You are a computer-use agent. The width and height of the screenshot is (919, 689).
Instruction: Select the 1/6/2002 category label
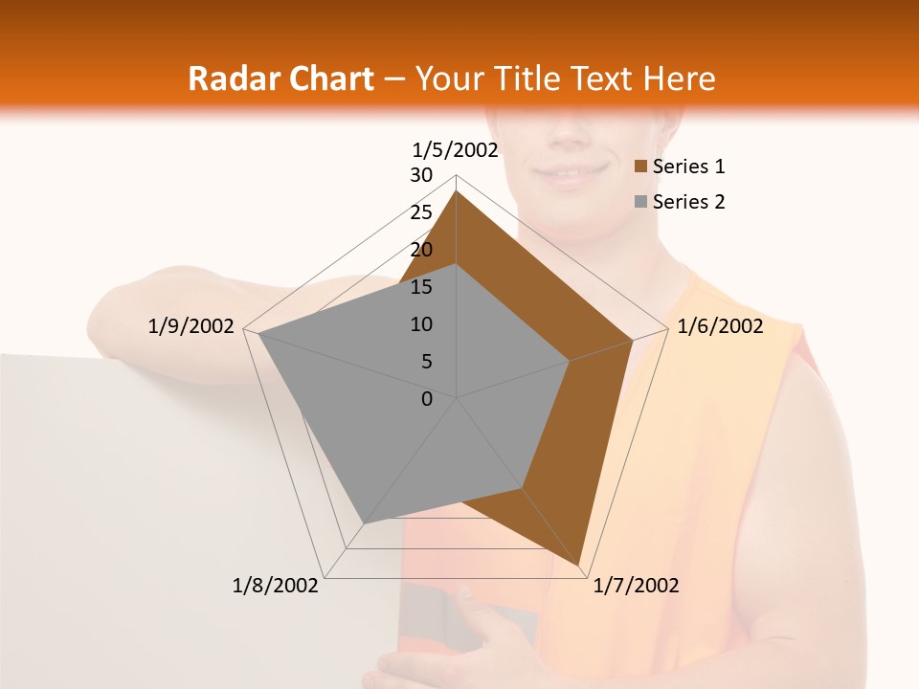click(x=720, y=326)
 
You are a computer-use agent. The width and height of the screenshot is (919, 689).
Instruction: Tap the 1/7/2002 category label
click(x=636, y=586)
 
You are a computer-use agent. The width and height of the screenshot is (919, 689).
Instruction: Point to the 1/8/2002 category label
click(x=276, y=586)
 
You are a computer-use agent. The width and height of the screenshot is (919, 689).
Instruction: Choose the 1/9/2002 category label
click(x=191, y=326)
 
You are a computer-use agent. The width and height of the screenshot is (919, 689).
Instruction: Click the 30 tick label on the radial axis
click(x=421, y=175)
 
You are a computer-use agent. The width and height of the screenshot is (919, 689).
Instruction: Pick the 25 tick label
click(x=421, y=212)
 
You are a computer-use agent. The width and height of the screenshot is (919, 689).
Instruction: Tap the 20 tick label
click(x=421, y=250)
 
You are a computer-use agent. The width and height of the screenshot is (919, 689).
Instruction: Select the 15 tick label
click(x=421, y=287)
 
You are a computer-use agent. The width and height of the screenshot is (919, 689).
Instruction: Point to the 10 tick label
click(x=421, y=324)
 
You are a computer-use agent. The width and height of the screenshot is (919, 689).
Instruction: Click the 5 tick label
click(x=426, y=362)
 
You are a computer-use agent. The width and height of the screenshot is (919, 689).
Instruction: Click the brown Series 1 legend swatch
click(x=641, y=167)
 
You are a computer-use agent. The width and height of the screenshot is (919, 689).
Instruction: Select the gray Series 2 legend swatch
click(x=641, y=202)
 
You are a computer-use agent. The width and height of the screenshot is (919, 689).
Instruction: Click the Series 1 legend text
click(x=688, y=167)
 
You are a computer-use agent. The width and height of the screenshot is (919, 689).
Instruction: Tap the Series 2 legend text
click(x=688, y=202)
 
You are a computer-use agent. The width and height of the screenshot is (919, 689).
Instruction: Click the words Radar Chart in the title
click(x=280, y=78)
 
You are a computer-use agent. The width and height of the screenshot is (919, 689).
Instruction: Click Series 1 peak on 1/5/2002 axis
click(x=457, y=191)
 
